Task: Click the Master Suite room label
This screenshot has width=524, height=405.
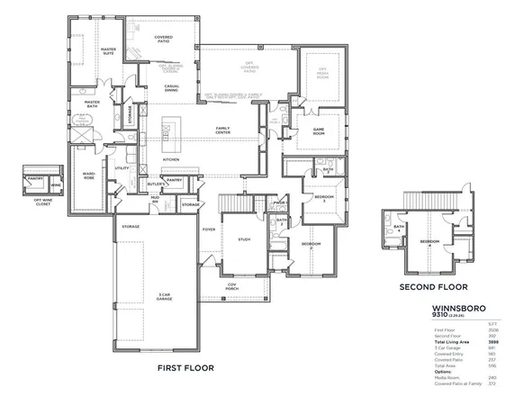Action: click(108, 51)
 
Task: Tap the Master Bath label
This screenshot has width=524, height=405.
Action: click(92, 104)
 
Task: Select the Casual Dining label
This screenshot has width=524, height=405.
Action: click(171, 88)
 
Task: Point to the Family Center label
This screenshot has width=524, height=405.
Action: click(221, 130)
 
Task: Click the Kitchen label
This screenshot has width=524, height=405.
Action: click(171, 160)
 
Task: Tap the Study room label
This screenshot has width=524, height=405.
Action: click(244, 239)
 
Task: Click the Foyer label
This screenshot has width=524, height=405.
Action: click(209, 229)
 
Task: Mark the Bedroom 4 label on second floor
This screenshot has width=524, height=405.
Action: click(430, 243)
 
